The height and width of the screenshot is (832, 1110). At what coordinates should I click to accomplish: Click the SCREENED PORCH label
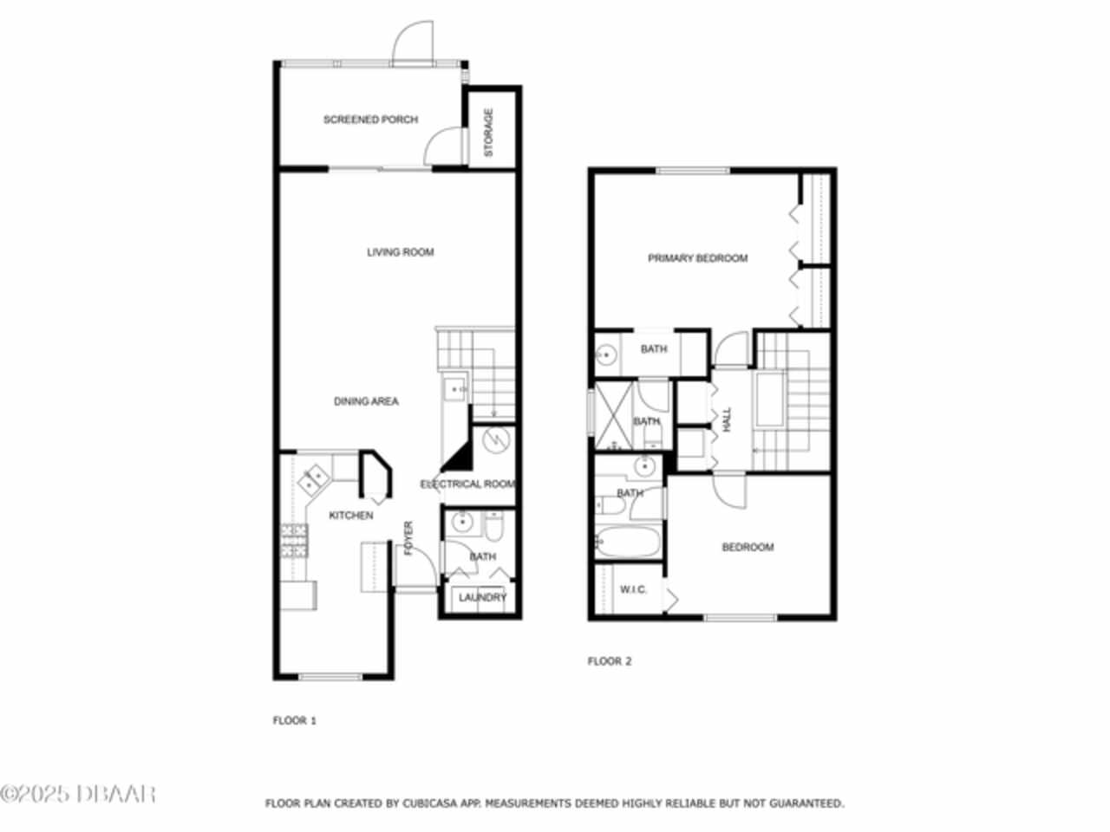point(370,120)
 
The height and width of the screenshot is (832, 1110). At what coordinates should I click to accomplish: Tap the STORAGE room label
point(488,133)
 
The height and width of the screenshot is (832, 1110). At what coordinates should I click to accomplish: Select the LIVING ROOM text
point(401,252)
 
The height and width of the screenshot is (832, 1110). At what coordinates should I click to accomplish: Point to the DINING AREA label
point(366,401)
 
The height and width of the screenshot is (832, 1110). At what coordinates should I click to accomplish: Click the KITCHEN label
point(351,516)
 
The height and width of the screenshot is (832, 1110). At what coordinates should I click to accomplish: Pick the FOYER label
point(408,538)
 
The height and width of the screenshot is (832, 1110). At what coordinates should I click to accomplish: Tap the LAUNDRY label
point(482,598)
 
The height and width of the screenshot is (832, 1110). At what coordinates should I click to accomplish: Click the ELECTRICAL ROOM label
point(467,484)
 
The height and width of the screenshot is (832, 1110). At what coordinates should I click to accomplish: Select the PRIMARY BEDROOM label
point(698,258)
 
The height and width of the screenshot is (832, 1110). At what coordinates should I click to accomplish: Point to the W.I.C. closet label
point(633,589)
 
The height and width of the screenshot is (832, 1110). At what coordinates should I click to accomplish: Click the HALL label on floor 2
point(728,419)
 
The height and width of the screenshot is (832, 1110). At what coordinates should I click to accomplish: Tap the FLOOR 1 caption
point(294,720)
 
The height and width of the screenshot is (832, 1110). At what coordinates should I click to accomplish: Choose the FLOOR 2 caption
point(610,661)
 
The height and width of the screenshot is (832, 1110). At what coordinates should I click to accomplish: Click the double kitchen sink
point(314,479)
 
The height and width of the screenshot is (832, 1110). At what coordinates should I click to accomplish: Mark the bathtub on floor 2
point(628,542)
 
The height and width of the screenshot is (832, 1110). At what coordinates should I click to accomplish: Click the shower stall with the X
point(613,416)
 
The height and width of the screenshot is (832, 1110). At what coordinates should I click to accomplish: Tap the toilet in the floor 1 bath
point(494,526)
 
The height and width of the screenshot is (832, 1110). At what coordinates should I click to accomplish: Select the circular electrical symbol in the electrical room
point(495,440)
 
